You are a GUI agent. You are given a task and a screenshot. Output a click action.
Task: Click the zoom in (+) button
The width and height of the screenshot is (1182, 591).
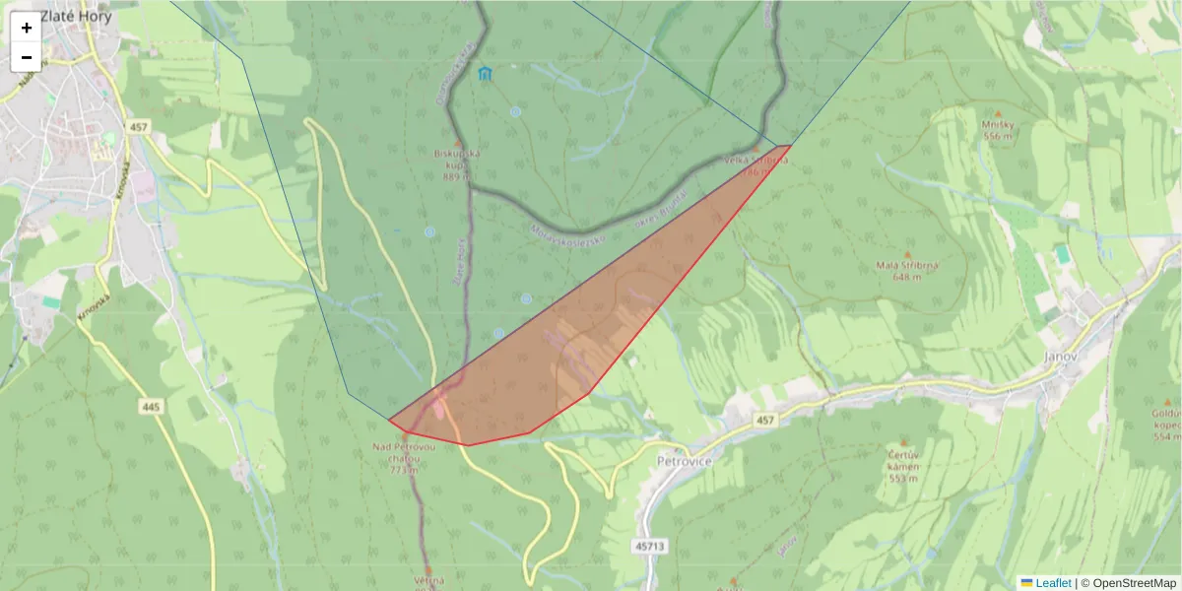tap(27, 28)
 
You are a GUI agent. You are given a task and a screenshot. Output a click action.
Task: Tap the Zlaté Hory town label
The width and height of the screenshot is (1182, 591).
tap(76, 17)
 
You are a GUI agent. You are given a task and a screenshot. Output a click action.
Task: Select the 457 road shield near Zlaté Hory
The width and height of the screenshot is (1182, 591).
tap(138, 127)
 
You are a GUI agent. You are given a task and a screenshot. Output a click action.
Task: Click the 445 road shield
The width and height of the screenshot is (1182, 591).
tap(151, 406)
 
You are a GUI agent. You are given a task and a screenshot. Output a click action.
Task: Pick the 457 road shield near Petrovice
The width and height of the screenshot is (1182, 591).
tap(766, 421)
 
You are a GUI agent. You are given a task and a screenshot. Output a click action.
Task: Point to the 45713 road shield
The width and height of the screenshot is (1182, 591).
tap(650, 545)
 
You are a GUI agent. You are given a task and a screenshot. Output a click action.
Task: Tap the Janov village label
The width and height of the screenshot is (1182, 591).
tap(1063, 356)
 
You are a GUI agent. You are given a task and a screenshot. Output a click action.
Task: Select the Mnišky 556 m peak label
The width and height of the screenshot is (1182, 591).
tap(997, 130)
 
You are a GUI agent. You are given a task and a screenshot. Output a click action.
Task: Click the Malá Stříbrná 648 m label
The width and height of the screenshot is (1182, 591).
tap(905, 271)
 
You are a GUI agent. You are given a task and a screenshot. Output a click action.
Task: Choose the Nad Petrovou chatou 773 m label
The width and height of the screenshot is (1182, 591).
tap(403, 458)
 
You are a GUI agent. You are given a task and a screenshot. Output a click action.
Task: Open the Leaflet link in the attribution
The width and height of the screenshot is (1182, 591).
tap(1053, 582)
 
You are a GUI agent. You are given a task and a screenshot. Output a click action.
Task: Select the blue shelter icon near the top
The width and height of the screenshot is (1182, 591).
tap(484, 74)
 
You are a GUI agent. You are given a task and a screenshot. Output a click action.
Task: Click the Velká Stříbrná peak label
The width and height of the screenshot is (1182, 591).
tap(756, 164)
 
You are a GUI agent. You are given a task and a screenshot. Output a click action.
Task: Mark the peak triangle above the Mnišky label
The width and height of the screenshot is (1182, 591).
tap(997, 112)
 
